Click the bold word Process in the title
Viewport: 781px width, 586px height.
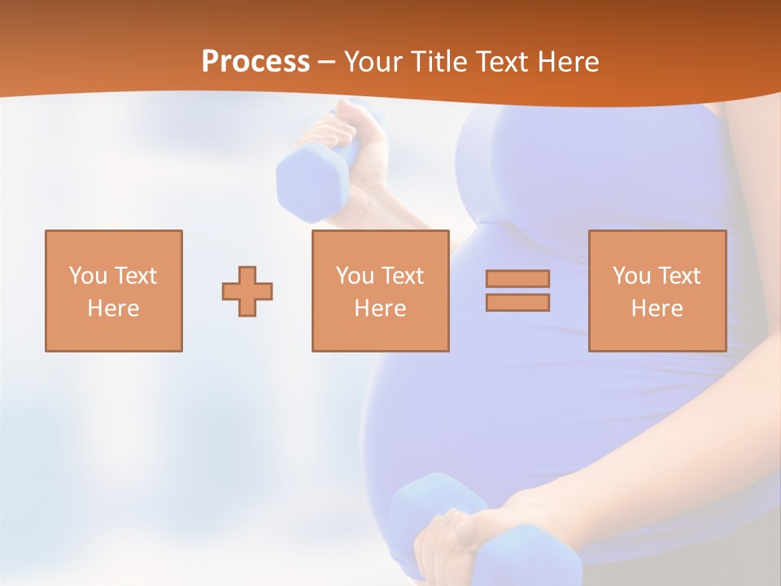255,62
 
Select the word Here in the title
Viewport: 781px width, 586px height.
565,62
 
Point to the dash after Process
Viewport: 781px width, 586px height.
327,63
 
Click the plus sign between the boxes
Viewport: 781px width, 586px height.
247,291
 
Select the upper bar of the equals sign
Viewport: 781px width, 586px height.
517,278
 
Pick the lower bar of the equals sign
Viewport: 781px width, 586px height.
517,302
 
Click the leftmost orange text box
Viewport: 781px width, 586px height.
113,291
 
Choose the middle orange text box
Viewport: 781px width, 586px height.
380,291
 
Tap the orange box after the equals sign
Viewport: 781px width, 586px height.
657,291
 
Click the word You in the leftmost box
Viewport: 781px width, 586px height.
86,276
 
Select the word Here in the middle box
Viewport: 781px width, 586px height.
380,308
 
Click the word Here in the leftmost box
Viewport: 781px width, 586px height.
113,308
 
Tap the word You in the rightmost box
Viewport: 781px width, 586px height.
630,276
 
